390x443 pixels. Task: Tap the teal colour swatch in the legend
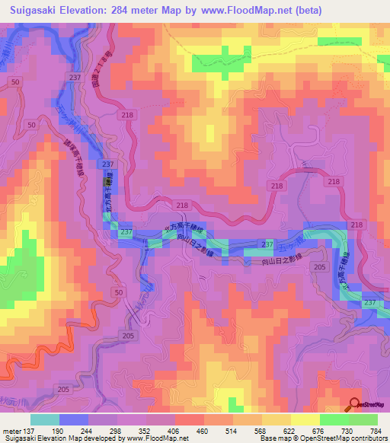point(45,419)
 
